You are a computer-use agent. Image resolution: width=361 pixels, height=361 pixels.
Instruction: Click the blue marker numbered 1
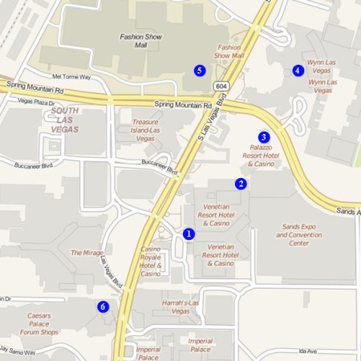click(189, 233)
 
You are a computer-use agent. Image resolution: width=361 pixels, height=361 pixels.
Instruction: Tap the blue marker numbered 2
click(240, 184)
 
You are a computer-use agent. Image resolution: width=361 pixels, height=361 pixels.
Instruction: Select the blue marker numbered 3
click(263, 136)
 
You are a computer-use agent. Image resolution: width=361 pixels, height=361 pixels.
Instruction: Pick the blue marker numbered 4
click(298, 71)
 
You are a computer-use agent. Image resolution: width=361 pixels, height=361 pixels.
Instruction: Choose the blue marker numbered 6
click(103, 306)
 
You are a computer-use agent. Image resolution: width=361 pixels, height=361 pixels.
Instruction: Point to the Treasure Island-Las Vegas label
click(146, 130)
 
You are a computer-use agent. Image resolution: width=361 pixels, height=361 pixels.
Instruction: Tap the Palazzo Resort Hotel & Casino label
click(261, 156)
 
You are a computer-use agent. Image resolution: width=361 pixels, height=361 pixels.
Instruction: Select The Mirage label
click(87, 252)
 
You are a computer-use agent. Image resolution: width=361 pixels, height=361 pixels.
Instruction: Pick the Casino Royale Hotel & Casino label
click(151, 261)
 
